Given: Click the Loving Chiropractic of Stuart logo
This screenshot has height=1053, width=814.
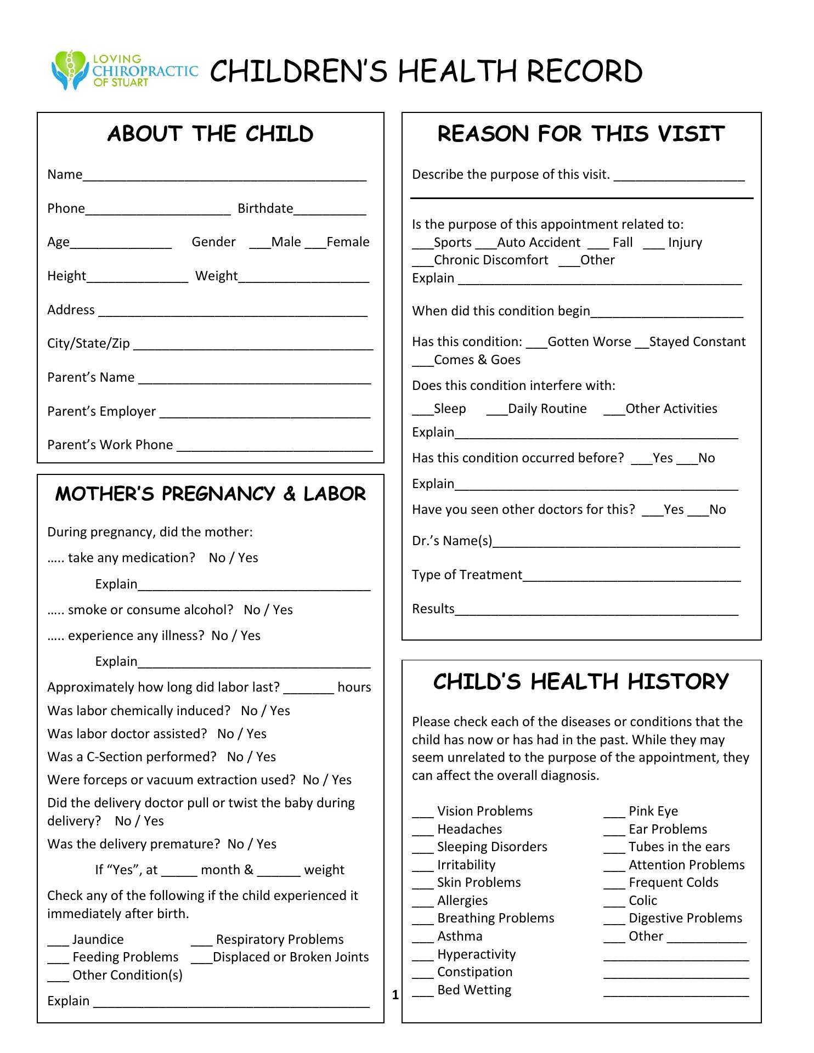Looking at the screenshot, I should tap(124, 71).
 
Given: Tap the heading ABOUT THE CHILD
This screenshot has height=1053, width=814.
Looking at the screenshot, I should tap(210, 134).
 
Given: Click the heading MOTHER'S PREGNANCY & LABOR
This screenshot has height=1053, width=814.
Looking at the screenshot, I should tap(210, 494).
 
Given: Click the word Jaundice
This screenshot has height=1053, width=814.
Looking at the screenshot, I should tap(98, 939).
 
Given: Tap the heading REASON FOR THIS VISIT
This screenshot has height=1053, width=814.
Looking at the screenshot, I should tap(581, 134).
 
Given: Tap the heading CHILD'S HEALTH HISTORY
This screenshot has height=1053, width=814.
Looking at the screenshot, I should tap(581, 682).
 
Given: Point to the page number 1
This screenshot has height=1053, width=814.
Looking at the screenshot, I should tap(395, 995).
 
